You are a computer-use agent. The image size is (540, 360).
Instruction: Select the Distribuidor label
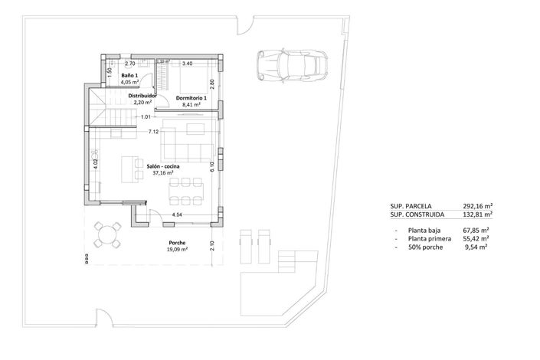tap(142, 97)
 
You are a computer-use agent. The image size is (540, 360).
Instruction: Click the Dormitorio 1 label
tap(191, 99)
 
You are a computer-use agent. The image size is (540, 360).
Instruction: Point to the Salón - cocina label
tap(165, 166)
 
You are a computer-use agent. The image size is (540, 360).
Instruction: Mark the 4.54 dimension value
tap(177, 215)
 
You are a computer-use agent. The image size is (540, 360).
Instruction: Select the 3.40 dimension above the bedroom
tap(188, 64)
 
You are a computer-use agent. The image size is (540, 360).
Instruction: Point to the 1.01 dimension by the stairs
tap(146, 117)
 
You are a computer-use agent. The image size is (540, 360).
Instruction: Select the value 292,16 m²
tap(476, 206)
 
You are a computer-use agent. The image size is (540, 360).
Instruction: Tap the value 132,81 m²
tap(476, 216)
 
